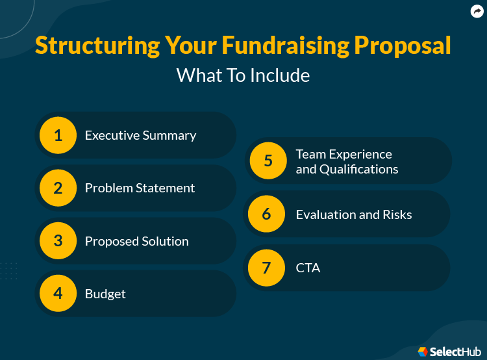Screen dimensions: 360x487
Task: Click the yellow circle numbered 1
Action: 58,135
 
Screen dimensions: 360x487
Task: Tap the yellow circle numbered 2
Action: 58,188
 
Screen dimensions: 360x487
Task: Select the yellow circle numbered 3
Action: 58,241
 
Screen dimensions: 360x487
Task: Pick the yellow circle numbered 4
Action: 58,294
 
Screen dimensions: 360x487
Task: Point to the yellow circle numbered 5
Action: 268,161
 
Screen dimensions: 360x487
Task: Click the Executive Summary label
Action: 140,135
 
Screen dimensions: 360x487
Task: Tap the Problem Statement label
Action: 140,188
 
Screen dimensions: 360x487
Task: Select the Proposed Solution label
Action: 136,241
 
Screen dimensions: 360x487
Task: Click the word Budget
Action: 105,294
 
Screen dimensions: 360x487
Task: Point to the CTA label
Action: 308,268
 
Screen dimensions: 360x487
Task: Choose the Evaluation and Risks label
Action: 353,214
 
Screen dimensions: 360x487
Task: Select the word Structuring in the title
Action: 97,45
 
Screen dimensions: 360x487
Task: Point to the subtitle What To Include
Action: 243,75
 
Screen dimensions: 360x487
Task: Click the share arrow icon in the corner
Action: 477,12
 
